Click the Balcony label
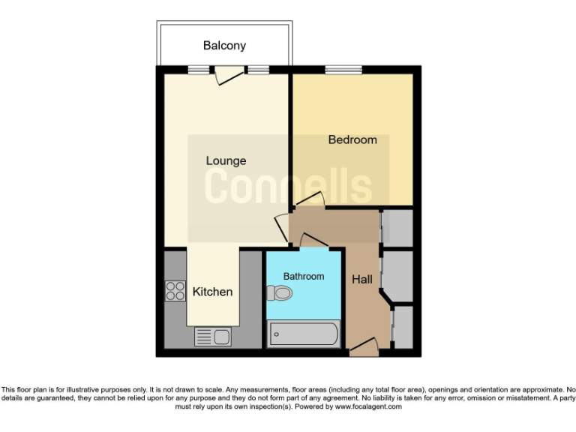[224, 46]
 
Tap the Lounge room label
[226, 160]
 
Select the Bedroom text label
[352, 139]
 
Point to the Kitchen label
[212, 291]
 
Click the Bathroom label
[304, 276]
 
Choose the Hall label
[362, 279]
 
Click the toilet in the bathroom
[280, 293]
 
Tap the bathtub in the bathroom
[304, 333]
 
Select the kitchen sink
[212, 337]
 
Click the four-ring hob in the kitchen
[175, 290]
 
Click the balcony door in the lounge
[229, 73]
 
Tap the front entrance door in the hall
[364, 346]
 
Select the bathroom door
[313, 241]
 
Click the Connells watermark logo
[289, 186]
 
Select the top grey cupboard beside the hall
[397, 228]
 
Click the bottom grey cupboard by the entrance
[403, 327]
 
